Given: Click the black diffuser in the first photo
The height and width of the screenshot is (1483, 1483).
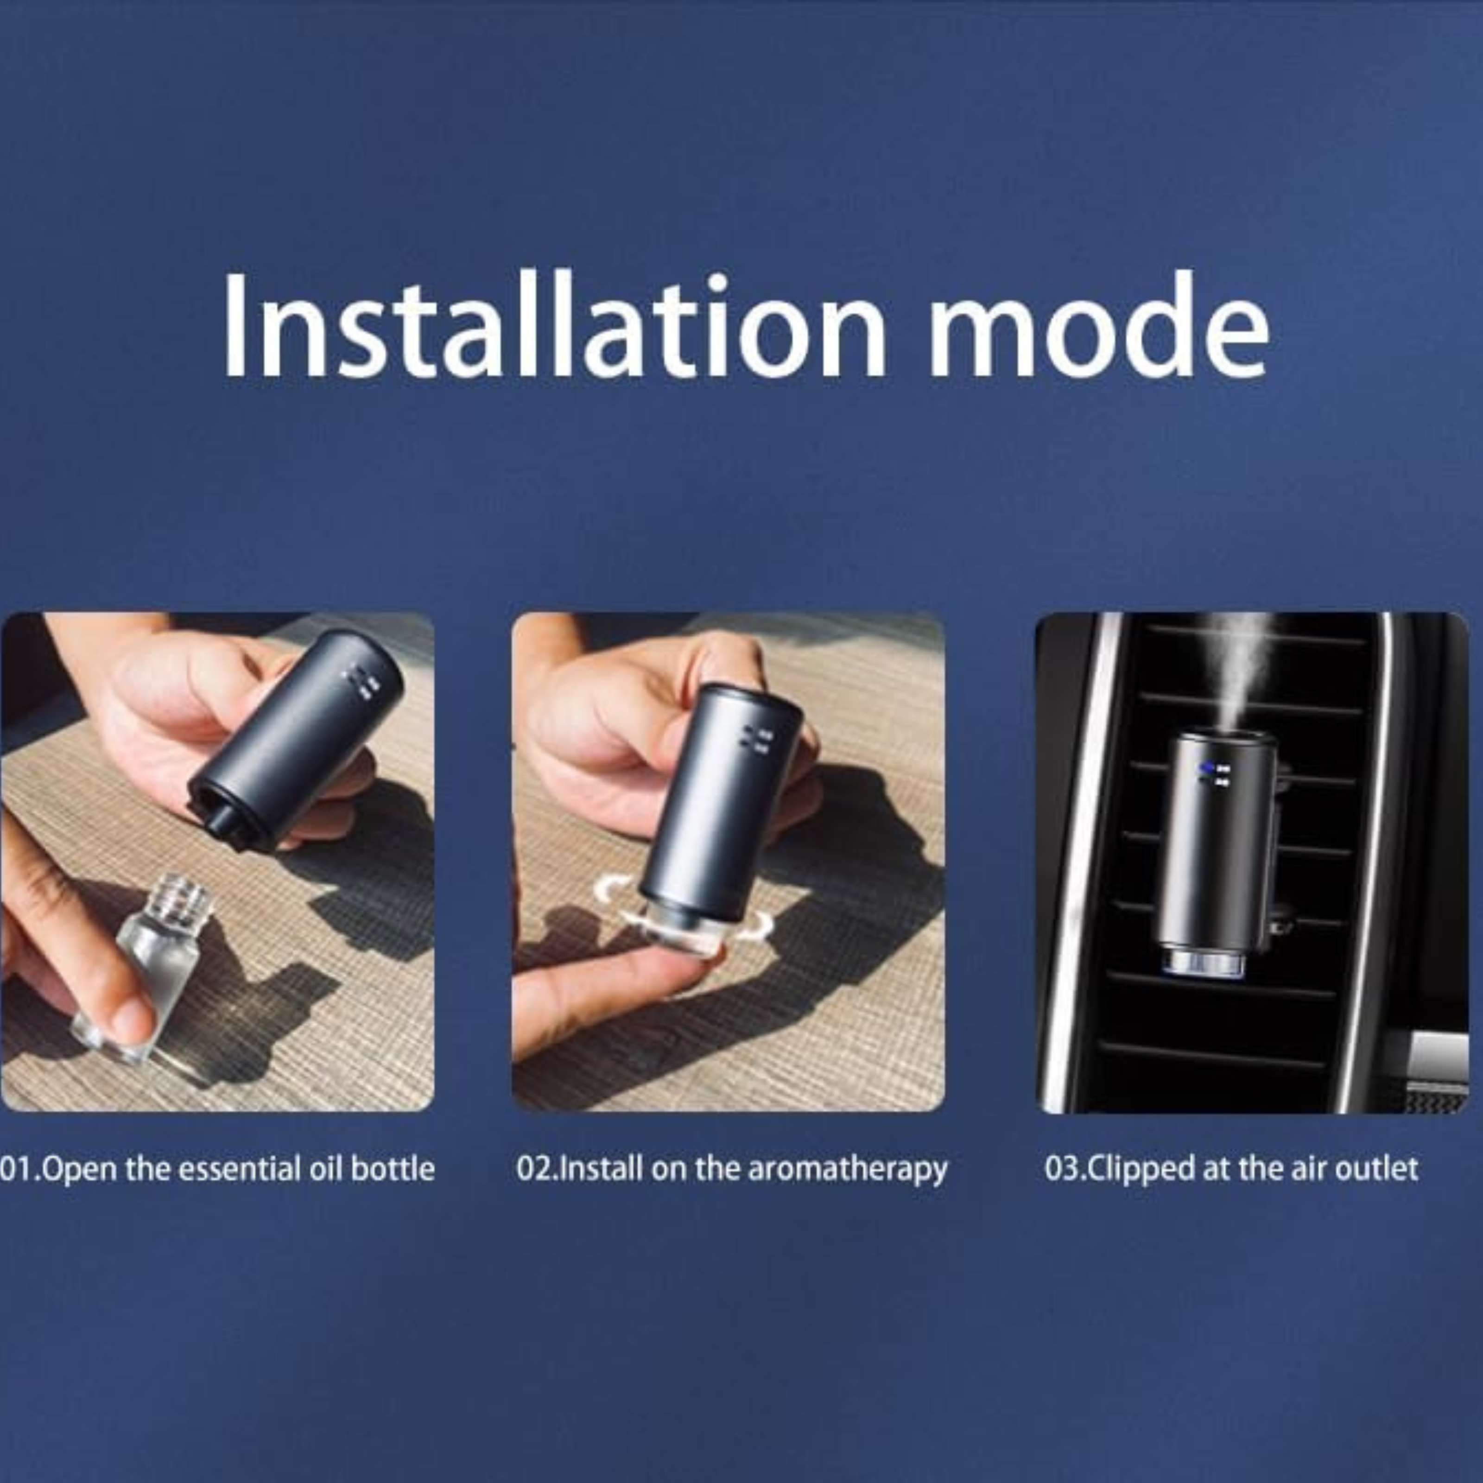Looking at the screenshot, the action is pos(296,741).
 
